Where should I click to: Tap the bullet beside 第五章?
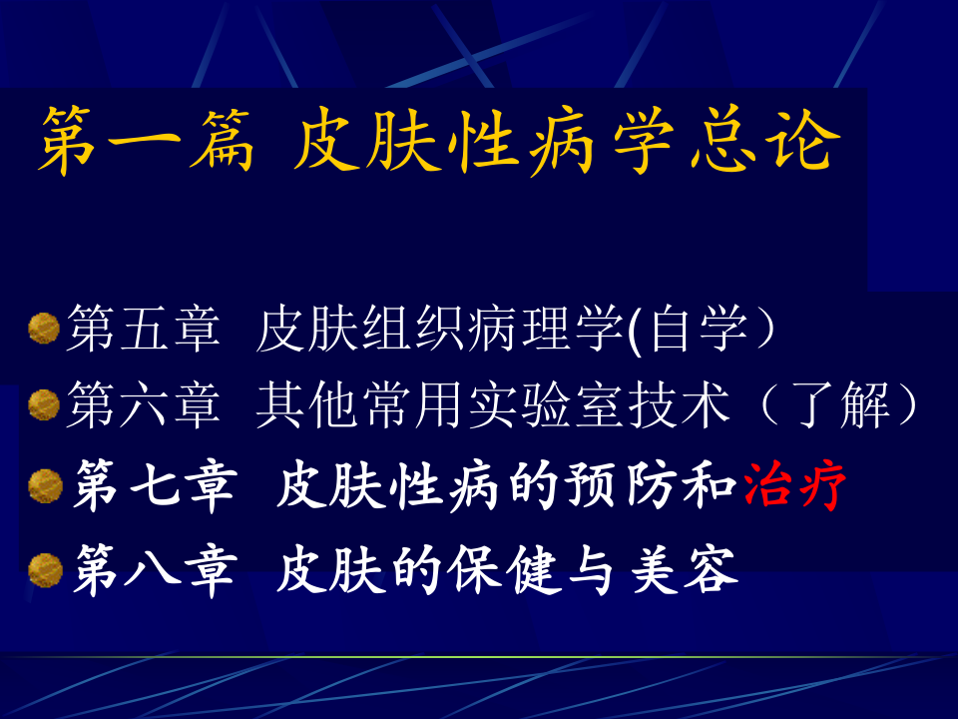(43, 327)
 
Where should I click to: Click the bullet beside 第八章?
(43, 570)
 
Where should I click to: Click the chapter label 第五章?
(143, 329)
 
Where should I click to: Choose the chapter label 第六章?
(143, 406)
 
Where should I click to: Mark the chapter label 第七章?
(153, 487)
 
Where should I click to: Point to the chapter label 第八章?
(153, 571)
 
